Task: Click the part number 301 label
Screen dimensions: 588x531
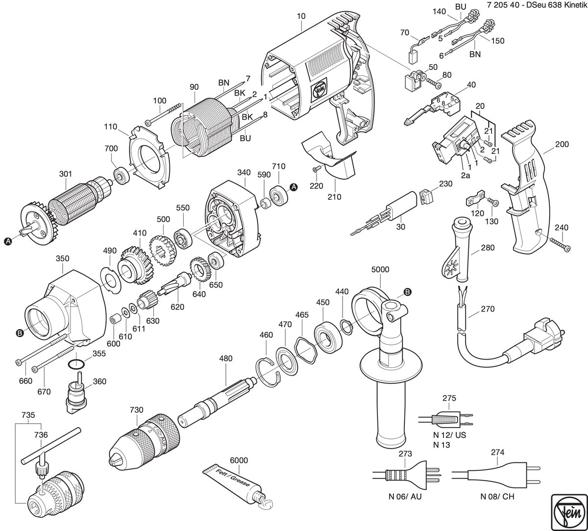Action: point(65,174)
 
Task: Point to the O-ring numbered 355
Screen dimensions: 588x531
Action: point(76,365)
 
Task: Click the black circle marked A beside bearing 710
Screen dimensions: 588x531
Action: point(294,187)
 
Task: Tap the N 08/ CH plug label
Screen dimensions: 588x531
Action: point(497,496)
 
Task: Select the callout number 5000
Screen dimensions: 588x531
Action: point(380,269)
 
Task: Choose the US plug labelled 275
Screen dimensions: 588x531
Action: point(445,419)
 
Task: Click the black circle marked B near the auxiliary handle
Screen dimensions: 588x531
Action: point(408,292)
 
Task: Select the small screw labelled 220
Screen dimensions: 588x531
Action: point(316,169)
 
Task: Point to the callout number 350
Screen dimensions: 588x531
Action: point(62,258)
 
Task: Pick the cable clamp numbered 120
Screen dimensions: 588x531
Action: point(475,199)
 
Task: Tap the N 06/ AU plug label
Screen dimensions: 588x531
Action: point(405,496)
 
